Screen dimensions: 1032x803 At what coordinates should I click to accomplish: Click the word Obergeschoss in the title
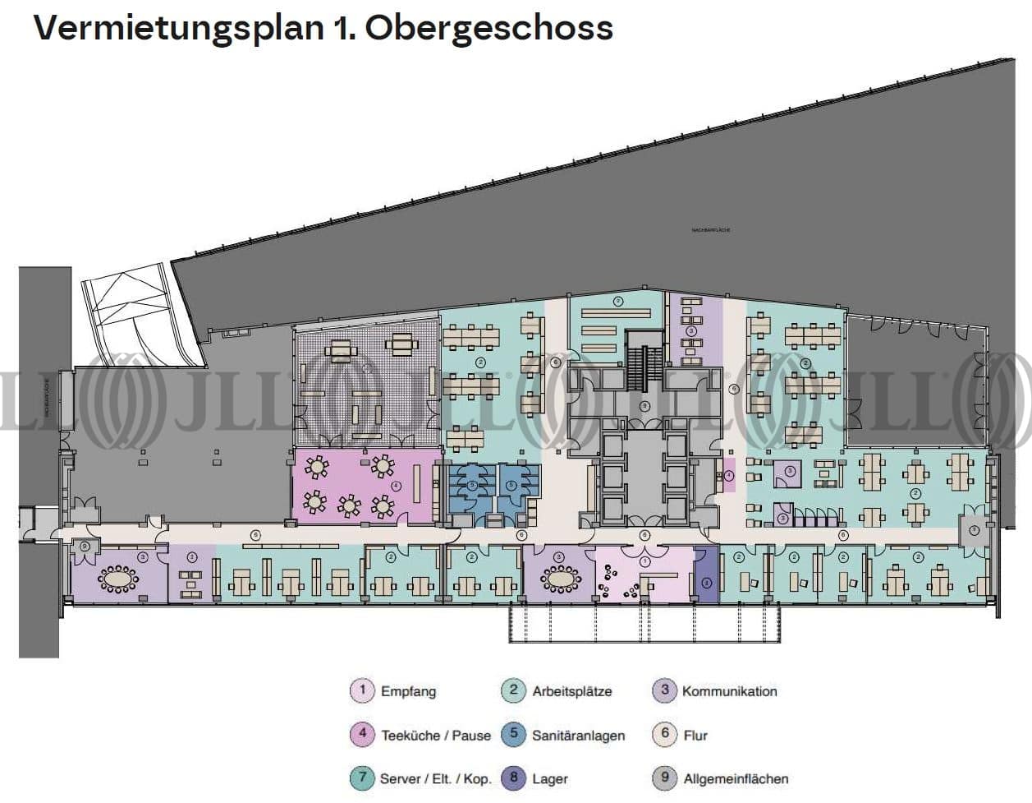(488, 27)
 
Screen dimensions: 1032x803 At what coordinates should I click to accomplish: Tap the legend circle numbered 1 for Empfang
(362, 690)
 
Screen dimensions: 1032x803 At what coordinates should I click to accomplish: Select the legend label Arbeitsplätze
(571, 691)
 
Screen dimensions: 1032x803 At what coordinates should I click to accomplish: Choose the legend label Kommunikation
(729, 691)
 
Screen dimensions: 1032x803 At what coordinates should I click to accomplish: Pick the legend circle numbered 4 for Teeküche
(362, 735)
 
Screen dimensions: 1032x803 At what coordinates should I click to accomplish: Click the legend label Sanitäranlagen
(578, 736)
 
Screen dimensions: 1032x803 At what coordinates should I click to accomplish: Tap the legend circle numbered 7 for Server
(362, 778)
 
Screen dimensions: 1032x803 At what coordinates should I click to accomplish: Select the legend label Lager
(549, 779)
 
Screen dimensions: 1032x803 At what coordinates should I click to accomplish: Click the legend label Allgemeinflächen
(736, 779)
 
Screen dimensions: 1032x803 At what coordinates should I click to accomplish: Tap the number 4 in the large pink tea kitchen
(397, 486)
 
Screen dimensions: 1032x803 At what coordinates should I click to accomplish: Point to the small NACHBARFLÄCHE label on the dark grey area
(711, 231)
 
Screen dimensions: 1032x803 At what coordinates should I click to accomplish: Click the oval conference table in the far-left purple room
(118, 578)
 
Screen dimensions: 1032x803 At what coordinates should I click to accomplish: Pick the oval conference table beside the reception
(562, 578)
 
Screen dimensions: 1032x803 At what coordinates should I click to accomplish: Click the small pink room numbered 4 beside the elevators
(727, 476)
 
